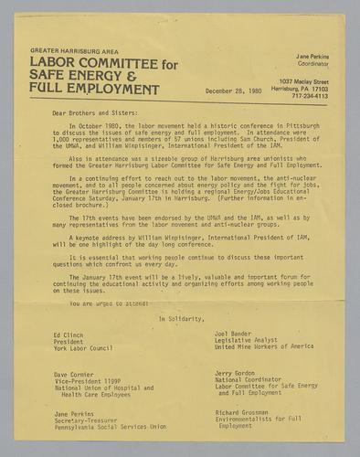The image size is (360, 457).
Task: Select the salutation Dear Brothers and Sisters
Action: coord(83,115)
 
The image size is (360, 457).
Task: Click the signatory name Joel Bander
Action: coord(234,335)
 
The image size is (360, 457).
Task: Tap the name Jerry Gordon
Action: coord(237,374)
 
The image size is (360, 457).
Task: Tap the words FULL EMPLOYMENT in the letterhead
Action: coord(94,90)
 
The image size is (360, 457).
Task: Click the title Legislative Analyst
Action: coord(247,341)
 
